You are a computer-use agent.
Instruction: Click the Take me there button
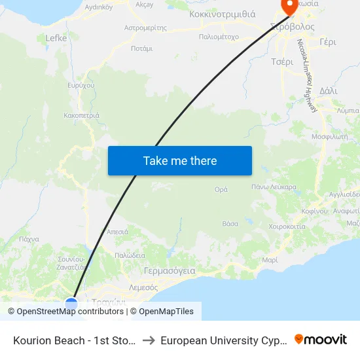point(180,161)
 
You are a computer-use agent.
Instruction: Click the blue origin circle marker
point(71,304)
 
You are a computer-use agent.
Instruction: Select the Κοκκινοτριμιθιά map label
point(222,14)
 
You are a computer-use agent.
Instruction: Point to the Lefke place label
point(56,38)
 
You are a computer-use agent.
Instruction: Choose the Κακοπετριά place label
point(82,115)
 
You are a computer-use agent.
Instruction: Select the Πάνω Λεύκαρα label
point(274,187)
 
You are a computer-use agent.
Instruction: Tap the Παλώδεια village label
point(130,255)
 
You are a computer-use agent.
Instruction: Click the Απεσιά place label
point(117,232)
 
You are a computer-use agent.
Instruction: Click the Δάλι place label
point(329,91)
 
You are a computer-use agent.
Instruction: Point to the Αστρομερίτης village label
point(145,28)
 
